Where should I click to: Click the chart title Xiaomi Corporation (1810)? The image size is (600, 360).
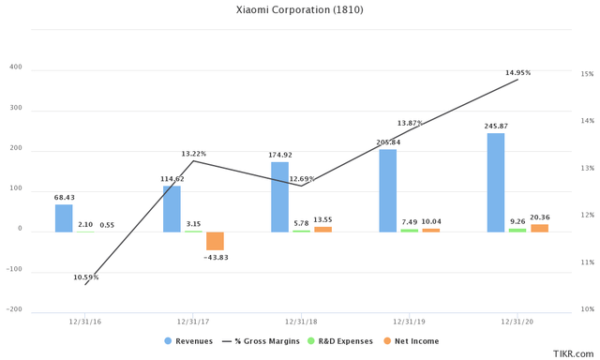coord(299,10)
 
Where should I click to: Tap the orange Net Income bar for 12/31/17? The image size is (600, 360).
coord(215,240)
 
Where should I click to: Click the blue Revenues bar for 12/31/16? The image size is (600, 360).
coord(64,217)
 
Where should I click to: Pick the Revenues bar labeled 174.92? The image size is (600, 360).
coord(279,197)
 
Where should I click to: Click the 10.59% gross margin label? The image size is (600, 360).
coord(85,277)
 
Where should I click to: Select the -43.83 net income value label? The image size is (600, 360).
coord(216,257)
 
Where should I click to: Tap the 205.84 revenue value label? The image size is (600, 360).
coord(388,142)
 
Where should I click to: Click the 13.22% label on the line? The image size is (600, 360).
coord(194,154)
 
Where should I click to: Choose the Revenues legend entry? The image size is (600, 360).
coord(189,340)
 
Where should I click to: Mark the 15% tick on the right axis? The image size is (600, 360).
coord(587,74)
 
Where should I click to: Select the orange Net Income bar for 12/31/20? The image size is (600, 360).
coord(539,228)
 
